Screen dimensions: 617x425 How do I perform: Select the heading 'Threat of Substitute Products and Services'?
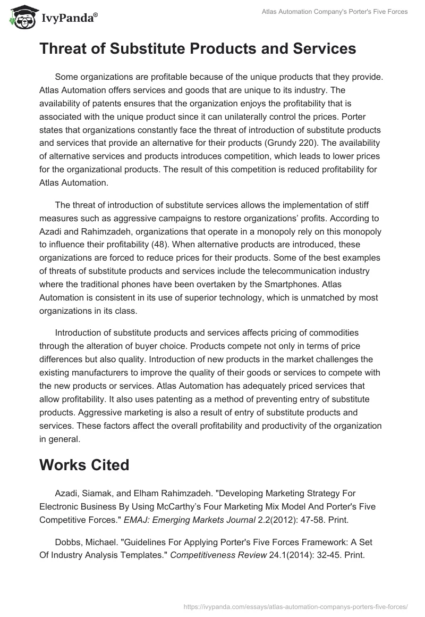(198, 49)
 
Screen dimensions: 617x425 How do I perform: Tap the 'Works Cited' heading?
(84, 464)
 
